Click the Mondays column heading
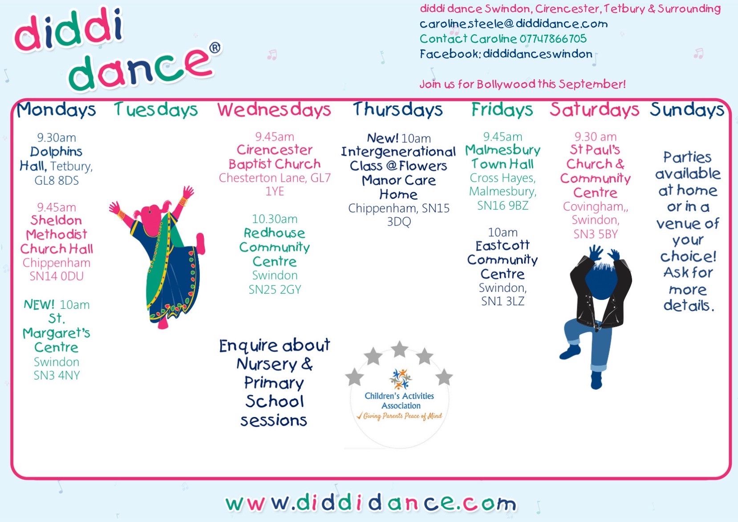(56, 109)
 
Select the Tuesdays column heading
(156, 109)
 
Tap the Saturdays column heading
(594, 109)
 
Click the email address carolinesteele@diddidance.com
(514, 24)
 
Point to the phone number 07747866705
(553, 39)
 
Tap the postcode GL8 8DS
(57, 181)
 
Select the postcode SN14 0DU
(57, 276)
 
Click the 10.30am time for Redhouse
(275, 219)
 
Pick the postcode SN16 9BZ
(503, 206)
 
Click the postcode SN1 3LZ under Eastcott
(503, 301)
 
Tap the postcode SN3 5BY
(596, 234)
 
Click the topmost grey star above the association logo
(400, 349)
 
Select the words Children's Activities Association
(400, 401)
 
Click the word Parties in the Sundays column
(687, 158)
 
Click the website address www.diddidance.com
(371, 502)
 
